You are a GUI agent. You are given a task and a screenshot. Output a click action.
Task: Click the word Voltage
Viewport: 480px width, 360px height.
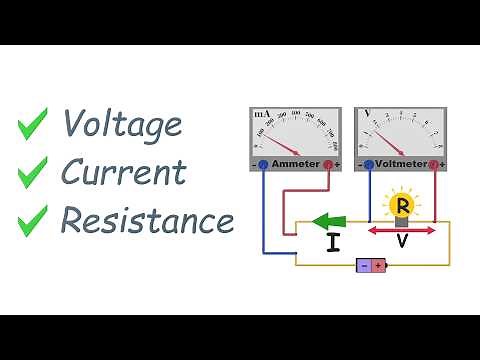(122, 124)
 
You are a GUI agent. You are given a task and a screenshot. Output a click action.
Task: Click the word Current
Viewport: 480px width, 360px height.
(124, 171)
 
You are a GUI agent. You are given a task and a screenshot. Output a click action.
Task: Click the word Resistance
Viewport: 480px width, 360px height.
(146, 218)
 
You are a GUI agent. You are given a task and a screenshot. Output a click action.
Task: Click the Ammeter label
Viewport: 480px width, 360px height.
(296, 163)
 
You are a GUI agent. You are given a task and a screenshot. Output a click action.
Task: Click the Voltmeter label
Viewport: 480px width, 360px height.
(401, 163)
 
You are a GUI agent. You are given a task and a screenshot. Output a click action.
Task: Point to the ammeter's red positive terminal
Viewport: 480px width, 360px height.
(327, 163)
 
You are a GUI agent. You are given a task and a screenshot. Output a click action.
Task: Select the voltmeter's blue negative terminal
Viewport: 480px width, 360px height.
(368, 163)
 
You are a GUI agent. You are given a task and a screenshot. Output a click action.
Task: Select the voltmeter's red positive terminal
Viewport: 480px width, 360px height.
(434, 163)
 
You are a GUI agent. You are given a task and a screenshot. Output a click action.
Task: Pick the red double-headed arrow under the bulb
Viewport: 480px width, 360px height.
(402, 231)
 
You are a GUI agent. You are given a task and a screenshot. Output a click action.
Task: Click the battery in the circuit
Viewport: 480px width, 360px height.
(371, 265)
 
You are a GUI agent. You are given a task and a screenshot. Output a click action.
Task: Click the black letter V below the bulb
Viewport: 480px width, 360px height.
(402, 244)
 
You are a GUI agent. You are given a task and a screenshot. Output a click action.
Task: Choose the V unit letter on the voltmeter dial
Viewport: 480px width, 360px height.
(368, 113)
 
